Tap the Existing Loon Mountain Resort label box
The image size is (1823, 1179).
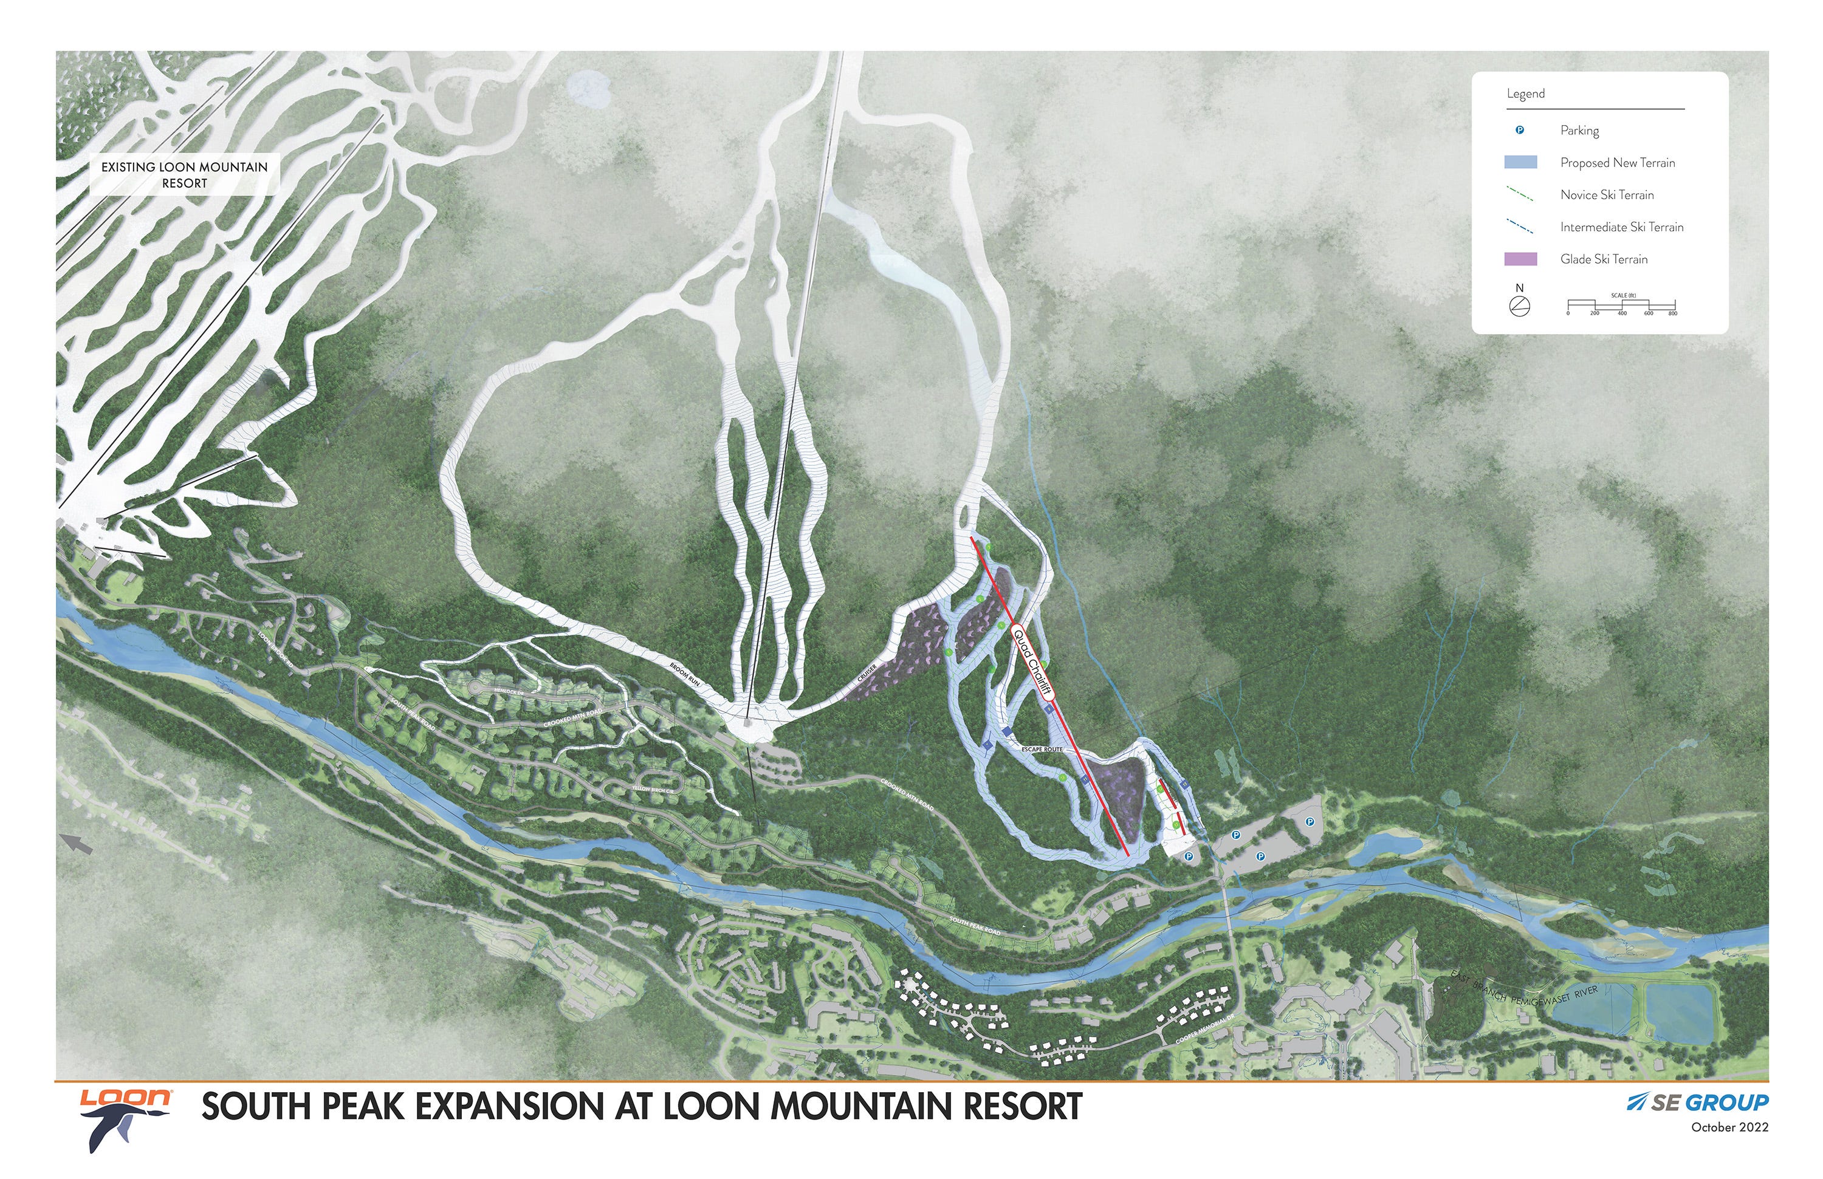pos(185,174)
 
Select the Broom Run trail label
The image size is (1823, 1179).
pos(684,673)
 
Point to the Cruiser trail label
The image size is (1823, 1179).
pos(867,673)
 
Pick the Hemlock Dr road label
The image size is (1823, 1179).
pos(509,691)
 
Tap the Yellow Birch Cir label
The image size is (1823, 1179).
pos(653,789)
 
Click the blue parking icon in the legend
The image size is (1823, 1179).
pos(1520,130)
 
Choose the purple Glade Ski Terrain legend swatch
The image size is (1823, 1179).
pos(1520,259)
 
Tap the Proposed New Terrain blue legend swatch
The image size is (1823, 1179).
pos(1520,162)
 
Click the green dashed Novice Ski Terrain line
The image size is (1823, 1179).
pos(1520,194)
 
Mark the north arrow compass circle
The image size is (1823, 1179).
pos(1520,306)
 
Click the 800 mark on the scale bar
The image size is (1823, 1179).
pos(1673,312)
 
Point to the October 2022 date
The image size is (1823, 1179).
pos(1729,1127)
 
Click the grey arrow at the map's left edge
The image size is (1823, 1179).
pos(77,844)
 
